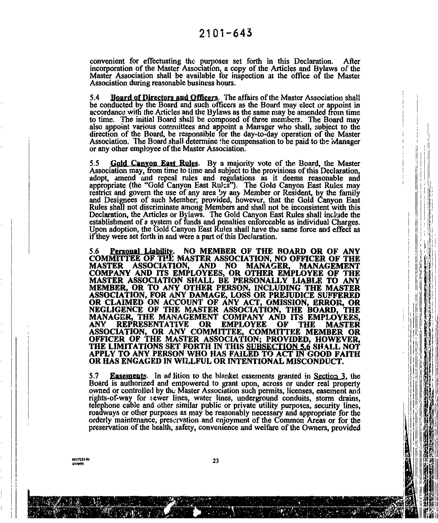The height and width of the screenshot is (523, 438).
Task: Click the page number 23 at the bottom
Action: [216, 461]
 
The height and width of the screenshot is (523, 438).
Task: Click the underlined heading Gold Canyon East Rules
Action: [154, 164]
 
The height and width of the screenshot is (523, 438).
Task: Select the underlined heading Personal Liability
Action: [141, 251]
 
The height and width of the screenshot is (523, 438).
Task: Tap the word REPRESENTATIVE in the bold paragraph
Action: [157, 324]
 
